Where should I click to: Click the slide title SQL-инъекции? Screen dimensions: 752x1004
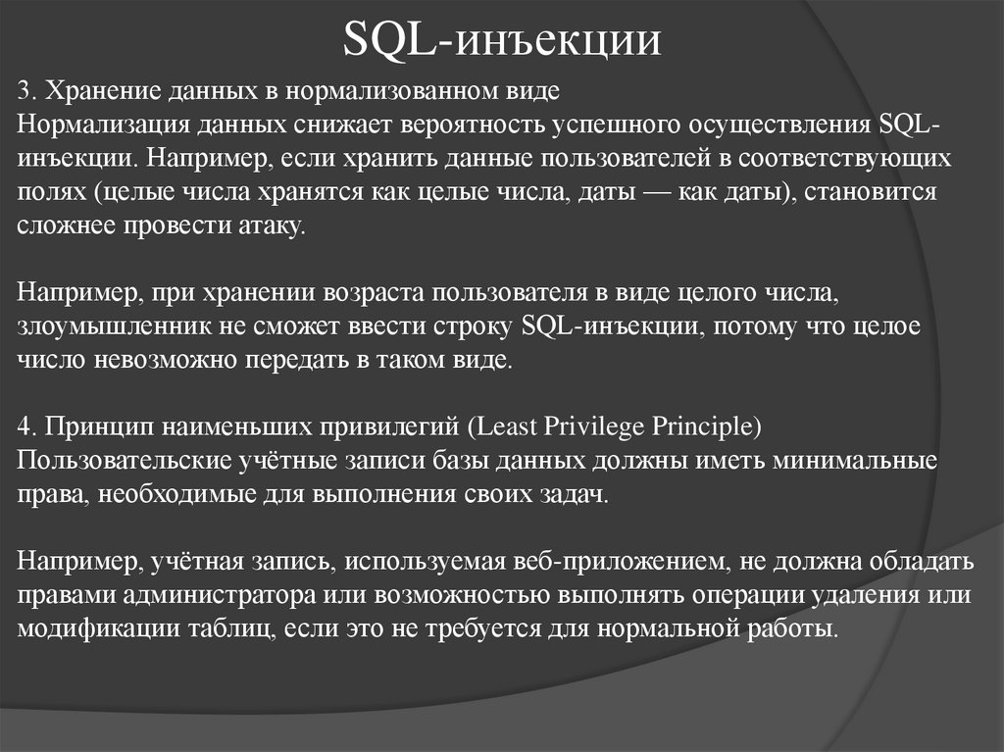[x=503, y=42]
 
